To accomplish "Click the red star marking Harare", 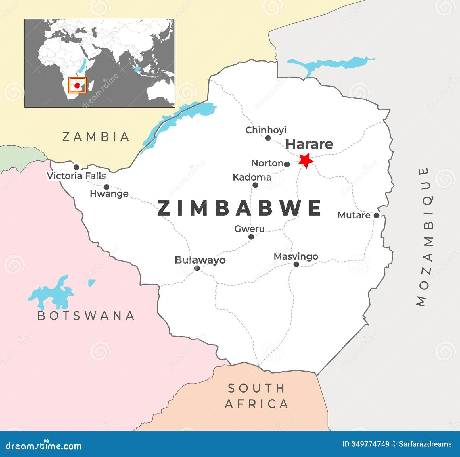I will tap(306, 160).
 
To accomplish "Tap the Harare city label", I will tap(309, 144).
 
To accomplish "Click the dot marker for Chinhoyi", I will tap(268, 138).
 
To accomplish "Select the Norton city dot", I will tap(287, 164).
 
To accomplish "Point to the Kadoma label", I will tap(252, 177).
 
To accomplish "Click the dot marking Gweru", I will tap(251, 237).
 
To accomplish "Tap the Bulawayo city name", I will tap(200, 260).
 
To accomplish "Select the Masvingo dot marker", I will tap(296, 264).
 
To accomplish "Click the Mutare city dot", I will tap(376, 215).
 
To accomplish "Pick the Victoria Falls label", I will tap(76, 176).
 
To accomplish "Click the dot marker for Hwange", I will tap(106, 187).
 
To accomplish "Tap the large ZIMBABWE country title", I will tap(239, 208).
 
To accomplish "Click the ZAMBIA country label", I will tap(96, 137).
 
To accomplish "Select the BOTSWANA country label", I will tap(86, 316).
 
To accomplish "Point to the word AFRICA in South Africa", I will tap(256, 404).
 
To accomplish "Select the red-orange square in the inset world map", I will tap(77, 85).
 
